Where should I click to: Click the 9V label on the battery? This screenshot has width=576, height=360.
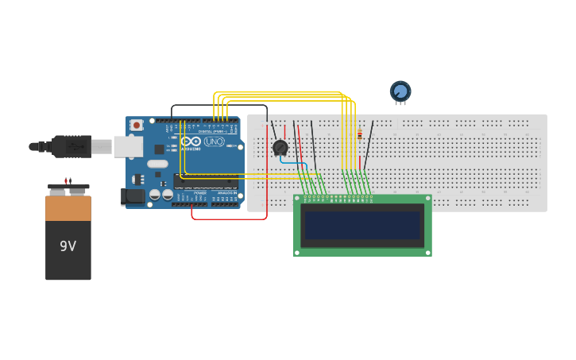(x=68, y=246)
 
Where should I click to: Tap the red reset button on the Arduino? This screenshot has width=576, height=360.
(x=137, y=125)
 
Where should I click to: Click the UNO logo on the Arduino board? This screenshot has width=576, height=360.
(x=214, y=141)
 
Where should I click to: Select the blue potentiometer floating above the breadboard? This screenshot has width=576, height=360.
(x=400, y=91)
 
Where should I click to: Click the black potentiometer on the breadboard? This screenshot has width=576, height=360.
(x=280, y=147)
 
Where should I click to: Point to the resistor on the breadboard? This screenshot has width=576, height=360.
(x=359, y=134)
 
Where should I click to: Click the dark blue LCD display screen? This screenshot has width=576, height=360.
(x=362, y=225)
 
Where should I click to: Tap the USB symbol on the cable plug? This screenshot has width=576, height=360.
(x=75, y=146)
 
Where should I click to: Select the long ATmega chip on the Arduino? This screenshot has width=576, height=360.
(x=206, y=181)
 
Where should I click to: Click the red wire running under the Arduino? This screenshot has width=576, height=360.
(x=230, y=219)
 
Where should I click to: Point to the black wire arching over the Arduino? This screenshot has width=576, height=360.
(x=218, y=105)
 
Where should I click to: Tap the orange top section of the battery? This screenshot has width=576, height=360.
(x=68, y=207)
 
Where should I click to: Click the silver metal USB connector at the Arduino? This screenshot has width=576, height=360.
(x=127, y=146)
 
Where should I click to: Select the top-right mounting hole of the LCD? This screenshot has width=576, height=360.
(x=427, y=199)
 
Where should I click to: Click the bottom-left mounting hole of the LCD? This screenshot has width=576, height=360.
(x=298, y=252)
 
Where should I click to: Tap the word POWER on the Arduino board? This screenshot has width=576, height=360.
(x=200, y=192)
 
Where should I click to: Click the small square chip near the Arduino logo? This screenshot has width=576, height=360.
(x=159, y=149)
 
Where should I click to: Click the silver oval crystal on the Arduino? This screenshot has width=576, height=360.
(x=157, y=164)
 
